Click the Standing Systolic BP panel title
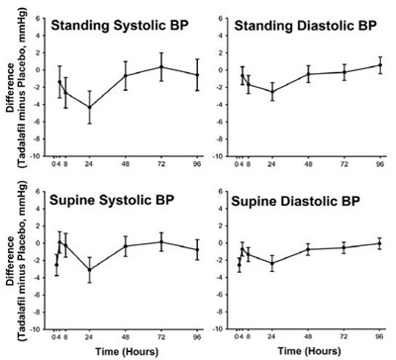click(117, 25)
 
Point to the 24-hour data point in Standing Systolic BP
click(90, 107)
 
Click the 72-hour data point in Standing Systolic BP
click(161, 67)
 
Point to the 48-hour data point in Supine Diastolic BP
click(308, 249)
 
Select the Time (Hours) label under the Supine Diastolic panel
click(309, 351)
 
